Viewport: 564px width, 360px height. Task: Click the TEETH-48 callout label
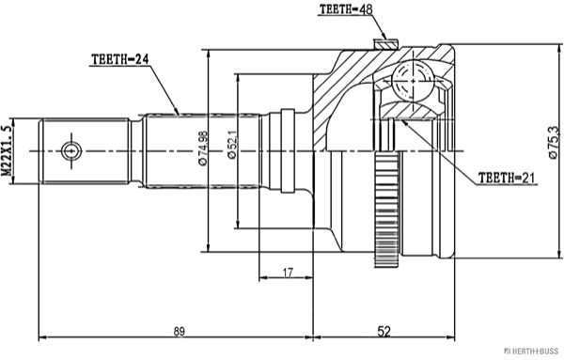(x=346, y=9)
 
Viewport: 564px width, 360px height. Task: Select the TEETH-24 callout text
(x=119, y=59)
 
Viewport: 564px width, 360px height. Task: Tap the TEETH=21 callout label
(x=506, y=178)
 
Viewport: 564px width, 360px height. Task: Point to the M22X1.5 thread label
(x=7, y=150)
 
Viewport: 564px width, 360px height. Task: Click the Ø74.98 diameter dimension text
(x=203, y=149)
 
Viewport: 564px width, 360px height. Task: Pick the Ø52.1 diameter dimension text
(x=232, y=145)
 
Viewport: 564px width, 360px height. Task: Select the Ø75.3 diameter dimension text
(x=553, y=143)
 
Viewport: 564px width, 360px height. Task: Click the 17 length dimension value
(x=288, y=273)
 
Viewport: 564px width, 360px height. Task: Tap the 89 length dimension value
(x=179, y=331)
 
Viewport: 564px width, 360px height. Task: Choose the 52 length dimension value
(x=384, y=331)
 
